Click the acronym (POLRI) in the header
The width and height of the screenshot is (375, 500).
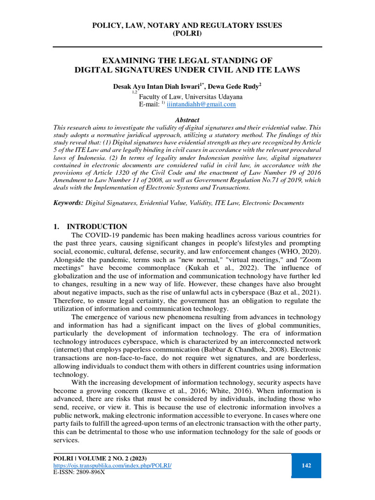[x=187, y=34]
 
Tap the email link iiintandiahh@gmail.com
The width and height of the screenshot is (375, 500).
[x=201, y=104]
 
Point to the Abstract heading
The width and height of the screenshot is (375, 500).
[x=187, y=120]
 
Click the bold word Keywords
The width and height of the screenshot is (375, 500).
[x=68, y=202]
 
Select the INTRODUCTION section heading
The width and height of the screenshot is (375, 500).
[x=97, y=227]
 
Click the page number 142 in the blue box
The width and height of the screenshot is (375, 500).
[x=306, y=465]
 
